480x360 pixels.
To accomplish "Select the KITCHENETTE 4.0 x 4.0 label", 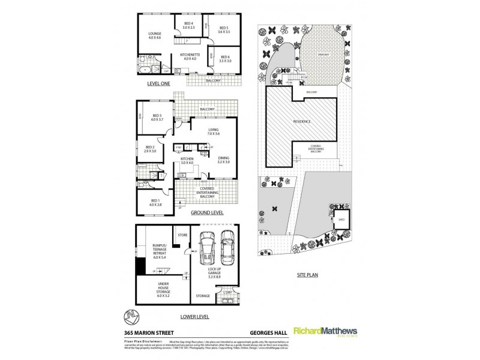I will (189, 57).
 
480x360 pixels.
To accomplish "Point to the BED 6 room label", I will (225, 59).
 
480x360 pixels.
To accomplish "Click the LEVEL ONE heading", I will (158, 85).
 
